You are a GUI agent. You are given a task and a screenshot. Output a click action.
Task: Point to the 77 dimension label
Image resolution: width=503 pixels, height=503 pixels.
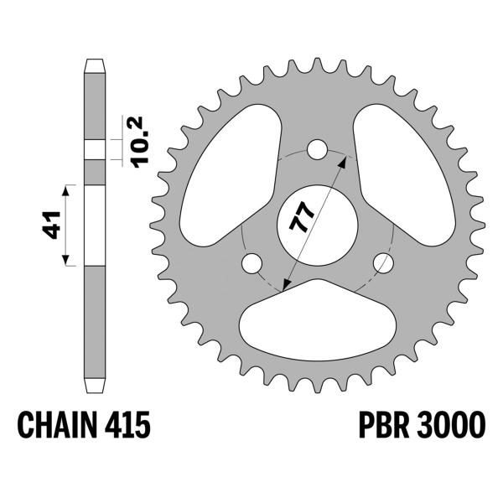click(302, 217)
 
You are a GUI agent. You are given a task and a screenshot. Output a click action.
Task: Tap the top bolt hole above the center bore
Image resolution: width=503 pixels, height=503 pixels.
click(317, 150)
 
